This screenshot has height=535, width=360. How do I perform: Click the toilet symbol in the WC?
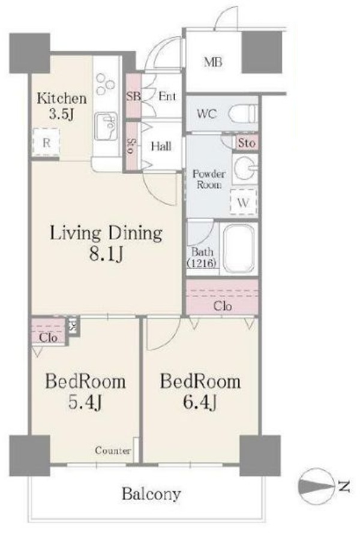(243, 113)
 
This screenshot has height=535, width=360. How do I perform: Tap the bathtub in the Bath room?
(239, 248)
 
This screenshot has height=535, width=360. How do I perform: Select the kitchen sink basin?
(106, 127)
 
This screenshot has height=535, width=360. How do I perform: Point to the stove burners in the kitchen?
(104, 84)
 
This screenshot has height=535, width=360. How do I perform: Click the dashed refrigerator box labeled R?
(46, 142)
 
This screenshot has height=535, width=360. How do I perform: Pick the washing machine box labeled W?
(243, 202)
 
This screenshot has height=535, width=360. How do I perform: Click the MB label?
(213, 62)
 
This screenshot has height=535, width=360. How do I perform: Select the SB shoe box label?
(133, 96)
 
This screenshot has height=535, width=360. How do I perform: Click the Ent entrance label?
(167, 96)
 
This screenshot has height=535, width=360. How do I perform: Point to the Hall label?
(161, 147)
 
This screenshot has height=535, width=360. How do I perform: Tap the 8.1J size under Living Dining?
(106, 254)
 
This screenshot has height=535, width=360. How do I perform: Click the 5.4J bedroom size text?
(85, 402)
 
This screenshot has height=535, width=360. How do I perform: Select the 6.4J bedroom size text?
(200, 402)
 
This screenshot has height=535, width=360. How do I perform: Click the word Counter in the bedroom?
(113, 450)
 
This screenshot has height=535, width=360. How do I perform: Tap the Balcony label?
(151, 494)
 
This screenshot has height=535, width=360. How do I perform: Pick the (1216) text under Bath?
(202, 263)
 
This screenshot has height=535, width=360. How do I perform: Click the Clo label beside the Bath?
(223, 306)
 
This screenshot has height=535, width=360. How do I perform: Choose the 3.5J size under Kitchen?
(61, 113)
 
